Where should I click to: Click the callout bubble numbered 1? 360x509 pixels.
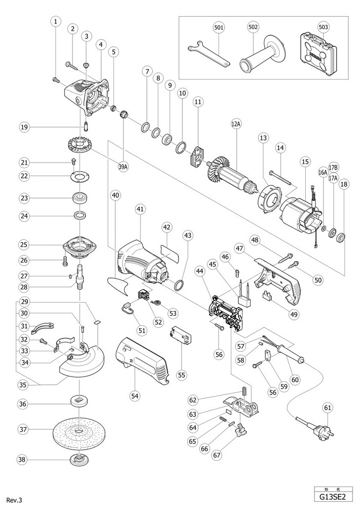56,22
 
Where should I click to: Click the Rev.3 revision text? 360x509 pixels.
14,500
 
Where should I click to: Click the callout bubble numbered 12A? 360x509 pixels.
235,125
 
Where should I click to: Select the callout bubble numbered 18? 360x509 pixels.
344,184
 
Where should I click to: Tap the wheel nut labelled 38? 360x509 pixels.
77,460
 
